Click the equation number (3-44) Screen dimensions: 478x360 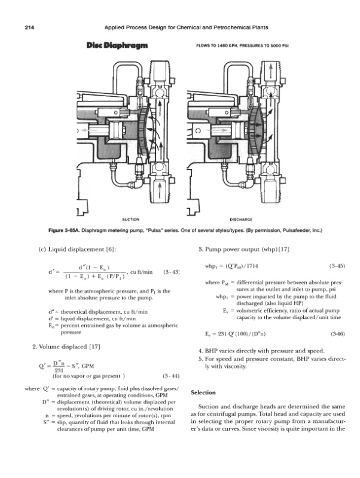click(x=171, y=376)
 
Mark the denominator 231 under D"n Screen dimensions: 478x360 click(x=59, y=369)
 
